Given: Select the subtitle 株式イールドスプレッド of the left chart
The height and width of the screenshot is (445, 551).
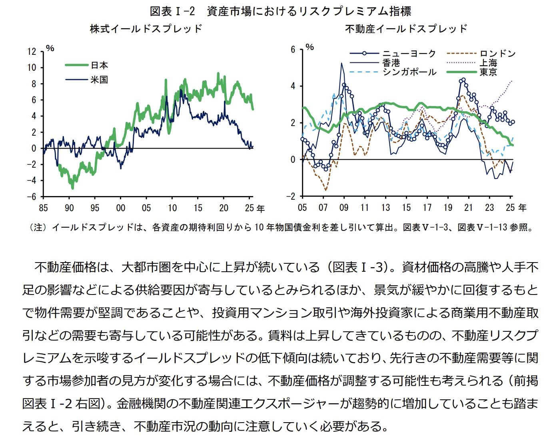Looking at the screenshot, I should pyautogui.click(x=146, y=29).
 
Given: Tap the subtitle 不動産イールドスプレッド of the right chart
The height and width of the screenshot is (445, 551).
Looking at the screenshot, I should pyautogui.click(x=406, y=29).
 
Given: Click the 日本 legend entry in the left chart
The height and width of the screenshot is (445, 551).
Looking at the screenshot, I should pyautogui.click(x=99, y=65).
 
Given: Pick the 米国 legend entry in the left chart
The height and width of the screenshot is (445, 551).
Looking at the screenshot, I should pyautogui.click(x=99, y=80).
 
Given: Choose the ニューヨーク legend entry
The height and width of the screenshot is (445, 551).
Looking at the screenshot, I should pyautogui.click(x=408, y=54).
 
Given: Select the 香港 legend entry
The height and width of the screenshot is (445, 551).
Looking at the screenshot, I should pyautogui.click(x=391, y=63).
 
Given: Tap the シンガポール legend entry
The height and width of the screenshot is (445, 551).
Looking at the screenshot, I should pyautogui.click(x=408, y=72).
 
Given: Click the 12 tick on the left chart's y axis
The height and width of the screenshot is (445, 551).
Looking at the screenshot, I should pyautogui.click(x=32, y=52).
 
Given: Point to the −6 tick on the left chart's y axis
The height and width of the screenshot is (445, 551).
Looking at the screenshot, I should pyautogui.click(x=32, y=196).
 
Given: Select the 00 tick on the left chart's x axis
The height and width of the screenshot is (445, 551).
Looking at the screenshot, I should pyautogui.click(x=120, y=208).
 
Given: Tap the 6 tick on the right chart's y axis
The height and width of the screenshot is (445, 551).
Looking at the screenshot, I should pyautogui.click(x=293, y=50).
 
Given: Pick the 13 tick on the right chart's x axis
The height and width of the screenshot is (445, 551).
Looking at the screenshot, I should pyautogui.click(x=385, y=207).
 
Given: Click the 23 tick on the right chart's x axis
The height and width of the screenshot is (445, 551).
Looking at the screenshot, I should pyautogui.click(x=489, y=207).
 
